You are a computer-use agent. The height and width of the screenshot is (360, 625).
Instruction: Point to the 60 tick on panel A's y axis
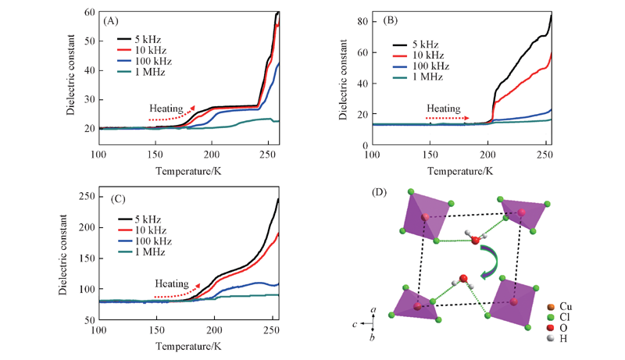point(87,12)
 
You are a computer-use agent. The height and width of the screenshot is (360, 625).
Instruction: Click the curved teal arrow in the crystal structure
point(493,260)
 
